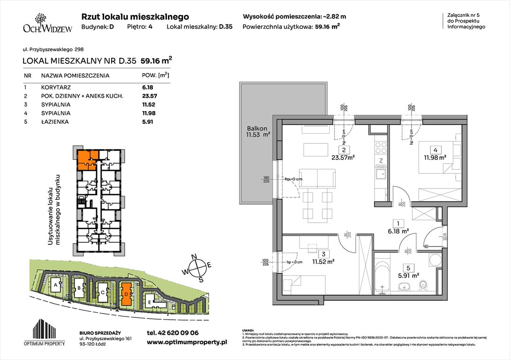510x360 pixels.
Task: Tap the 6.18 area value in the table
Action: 148,87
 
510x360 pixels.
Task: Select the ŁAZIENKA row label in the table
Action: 54,122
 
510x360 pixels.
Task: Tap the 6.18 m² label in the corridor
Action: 399,231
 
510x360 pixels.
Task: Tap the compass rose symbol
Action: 199,268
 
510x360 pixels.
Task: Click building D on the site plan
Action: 126,293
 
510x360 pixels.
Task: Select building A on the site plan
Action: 56,285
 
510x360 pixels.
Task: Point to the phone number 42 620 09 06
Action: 173,333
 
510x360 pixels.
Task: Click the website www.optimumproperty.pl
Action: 187,343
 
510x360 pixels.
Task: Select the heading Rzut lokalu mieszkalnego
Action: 135,16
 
